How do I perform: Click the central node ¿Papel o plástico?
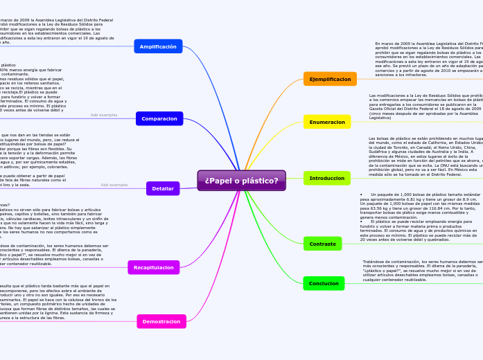point(241,181)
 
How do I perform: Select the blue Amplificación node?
point(158,46)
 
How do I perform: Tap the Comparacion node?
point(159,118)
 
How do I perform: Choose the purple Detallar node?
point(163,188)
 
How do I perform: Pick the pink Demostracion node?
point(161,321)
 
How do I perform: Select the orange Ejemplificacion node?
point(330,79)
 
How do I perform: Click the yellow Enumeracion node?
point(327,122)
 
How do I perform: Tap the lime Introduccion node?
point(326,178)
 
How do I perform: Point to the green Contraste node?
point(322,244)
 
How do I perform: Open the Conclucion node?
point(324,283)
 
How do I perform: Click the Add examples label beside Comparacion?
point(104,115)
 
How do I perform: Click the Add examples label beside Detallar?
point(114,185)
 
